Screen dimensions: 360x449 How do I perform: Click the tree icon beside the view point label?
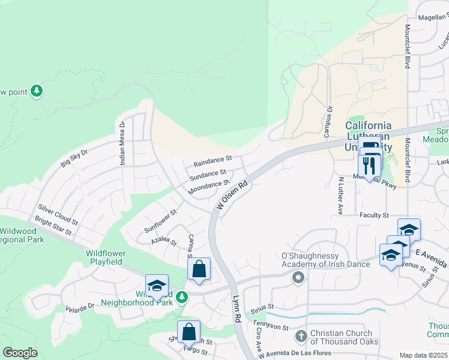tap(37, 91)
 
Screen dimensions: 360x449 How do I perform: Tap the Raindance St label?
tap(212, 161)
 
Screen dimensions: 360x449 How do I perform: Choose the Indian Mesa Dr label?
tap(122, 143)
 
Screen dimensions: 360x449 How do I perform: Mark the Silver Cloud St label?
tap(58, 213)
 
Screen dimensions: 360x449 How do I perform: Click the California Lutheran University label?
tap(369, 136)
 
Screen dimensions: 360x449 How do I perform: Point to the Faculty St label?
tap(375, 215)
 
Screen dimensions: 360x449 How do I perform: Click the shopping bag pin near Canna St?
tap(199, 269)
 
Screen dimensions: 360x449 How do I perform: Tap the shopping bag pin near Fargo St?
tap(188, 331)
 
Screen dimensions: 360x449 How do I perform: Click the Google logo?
tap(20, 352)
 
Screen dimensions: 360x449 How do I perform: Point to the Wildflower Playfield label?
tap(106, 257)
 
